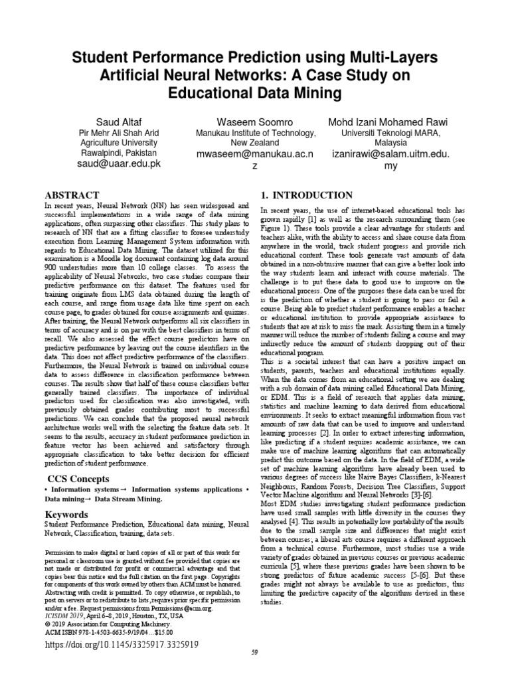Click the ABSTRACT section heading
71,195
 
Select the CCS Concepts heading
77,479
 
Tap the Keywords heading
67,515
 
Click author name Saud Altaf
118,122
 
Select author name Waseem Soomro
256,122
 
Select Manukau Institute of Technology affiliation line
256,133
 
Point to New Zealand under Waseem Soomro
256,143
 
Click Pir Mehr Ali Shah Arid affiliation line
118,133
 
